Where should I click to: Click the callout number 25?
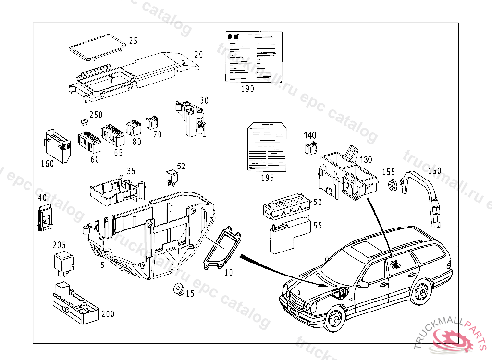click(133, 41)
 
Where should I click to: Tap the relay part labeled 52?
click(172, 177)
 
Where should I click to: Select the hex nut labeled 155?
click(391, 184)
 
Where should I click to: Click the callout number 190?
click(247, 89)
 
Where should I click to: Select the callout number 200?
click(108, 314)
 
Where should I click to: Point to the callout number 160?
click(47, 164)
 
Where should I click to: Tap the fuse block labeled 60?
click(90, 143)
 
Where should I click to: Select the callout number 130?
click(366, 159)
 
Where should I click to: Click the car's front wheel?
click(335, 319)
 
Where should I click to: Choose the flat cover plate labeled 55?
click(287, 235)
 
